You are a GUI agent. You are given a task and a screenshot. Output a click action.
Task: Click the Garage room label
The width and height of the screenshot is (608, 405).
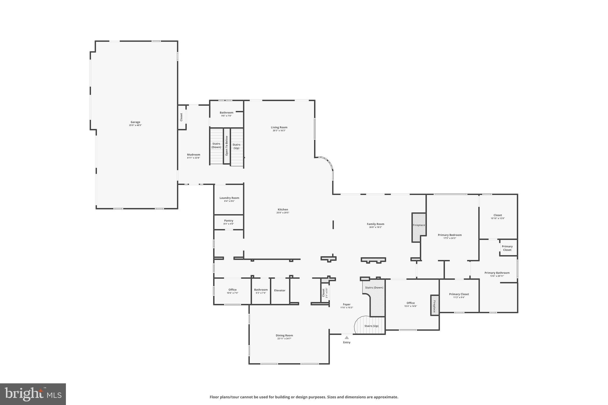coord(135,122)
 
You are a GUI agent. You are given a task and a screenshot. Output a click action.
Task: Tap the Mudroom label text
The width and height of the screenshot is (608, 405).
coord(194,155)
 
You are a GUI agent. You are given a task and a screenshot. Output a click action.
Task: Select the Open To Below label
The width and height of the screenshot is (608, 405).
coord(227,146)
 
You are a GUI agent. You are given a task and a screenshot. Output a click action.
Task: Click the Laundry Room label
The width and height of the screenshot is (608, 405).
coord(229,198)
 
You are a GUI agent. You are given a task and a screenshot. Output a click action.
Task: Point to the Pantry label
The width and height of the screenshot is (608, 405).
coord(229,221)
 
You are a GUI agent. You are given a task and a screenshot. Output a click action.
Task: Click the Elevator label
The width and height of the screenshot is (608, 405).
coord(280,290)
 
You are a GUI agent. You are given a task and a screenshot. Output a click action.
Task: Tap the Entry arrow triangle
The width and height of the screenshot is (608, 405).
coord(346,337)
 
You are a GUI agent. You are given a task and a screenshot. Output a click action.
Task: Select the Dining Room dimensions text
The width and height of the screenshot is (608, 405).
coord(284,339)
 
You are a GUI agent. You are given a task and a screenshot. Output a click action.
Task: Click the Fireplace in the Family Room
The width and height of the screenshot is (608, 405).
coord(419,225)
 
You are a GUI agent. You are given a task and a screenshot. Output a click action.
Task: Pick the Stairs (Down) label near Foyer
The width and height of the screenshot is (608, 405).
coord(374,288)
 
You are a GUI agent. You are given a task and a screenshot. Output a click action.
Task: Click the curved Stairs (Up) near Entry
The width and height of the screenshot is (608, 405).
coord(371,326)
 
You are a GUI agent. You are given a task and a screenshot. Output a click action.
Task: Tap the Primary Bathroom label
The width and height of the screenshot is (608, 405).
coord(497,273)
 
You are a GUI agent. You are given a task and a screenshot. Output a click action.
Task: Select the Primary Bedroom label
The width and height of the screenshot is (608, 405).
coord(449,235)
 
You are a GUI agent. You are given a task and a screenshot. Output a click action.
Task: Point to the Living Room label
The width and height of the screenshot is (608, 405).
coord(279,127)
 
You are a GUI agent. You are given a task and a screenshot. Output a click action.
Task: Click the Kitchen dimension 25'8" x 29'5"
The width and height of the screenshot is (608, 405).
coord(283,213)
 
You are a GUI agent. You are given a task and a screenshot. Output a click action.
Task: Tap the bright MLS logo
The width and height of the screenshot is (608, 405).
coord(33,394)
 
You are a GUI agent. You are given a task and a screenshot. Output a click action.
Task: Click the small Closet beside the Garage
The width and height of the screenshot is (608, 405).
coord(182,117)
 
